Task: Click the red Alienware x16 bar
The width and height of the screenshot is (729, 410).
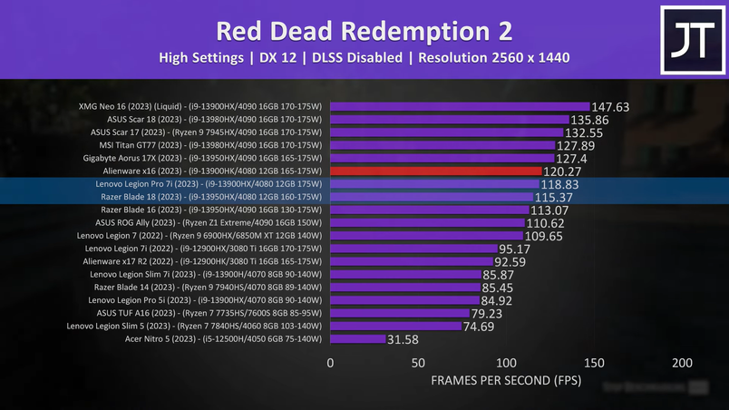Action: tap(436, 171)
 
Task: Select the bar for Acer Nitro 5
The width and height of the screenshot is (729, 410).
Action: tap(357, 339)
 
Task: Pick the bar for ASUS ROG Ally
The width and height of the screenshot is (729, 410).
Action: tap(427, 222)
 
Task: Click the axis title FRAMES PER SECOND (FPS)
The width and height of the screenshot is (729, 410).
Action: tap(505, 381)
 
